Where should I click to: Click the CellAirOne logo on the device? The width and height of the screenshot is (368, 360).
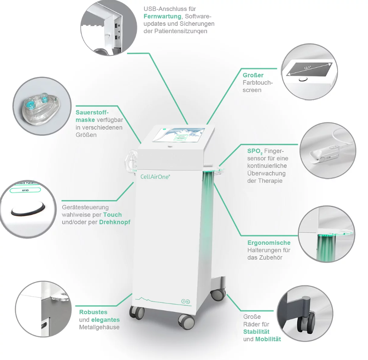(155, 176)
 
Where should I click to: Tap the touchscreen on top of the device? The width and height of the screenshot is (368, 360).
(179, 135)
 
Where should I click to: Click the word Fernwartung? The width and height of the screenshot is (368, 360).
(163, 16)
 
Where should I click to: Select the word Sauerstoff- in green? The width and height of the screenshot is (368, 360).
(92, 112)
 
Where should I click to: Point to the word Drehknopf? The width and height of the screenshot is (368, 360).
(114, 222)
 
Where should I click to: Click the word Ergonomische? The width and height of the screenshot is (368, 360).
(269, 243)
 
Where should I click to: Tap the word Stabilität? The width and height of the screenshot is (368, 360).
(256, 331)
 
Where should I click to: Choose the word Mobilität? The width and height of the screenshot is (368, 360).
(268, 339)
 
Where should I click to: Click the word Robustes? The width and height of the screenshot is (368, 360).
(93, 312)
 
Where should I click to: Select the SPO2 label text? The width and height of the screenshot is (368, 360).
(255, 151)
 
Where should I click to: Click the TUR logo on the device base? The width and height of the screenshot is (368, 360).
(186, 301)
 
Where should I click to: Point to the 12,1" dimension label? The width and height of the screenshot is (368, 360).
(307, 68)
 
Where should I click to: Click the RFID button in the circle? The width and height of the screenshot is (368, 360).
(25, 190)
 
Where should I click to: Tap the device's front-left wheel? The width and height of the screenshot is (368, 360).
(137, 313)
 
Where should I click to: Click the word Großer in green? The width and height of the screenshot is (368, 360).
(253, 75)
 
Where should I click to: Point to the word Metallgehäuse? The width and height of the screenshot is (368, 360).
(99, 327)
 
